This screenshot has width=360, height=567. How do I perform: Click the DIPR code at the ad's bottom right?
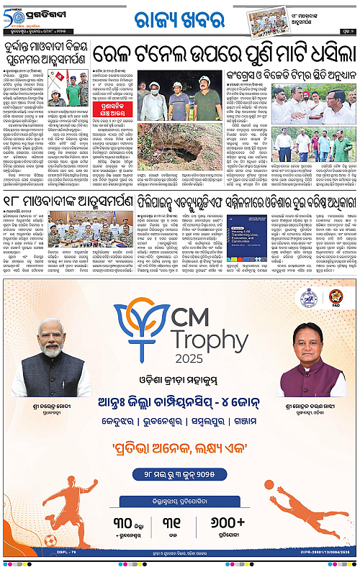click(x=323, y=554)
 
